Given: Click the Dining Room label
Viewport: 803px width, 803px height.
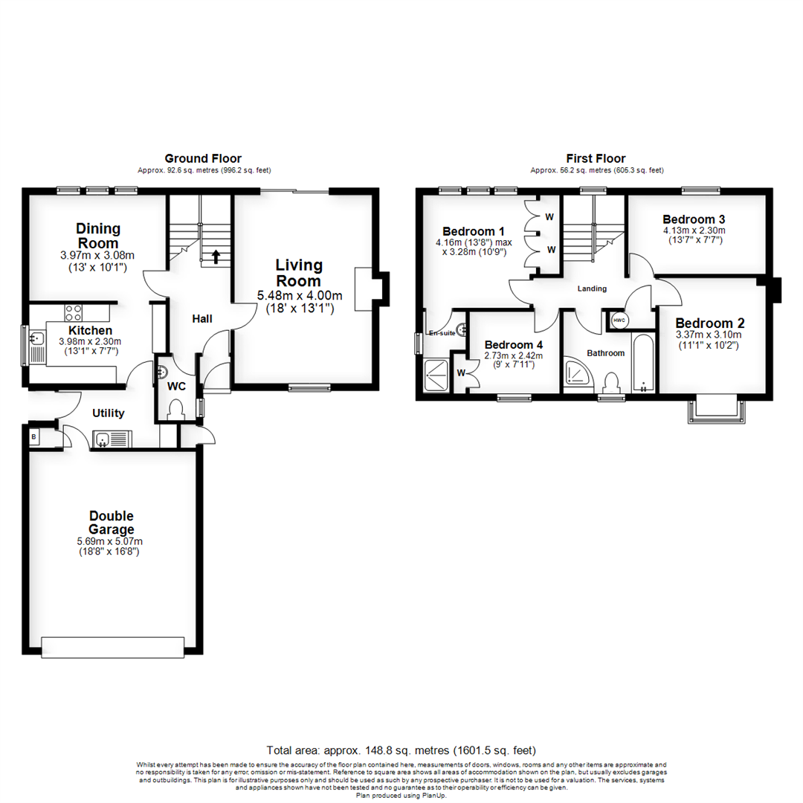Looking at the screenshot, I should coord(98,236).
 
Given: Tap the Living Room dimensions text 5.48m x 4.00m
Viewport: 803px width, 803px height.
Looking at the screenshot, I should coord(299,296).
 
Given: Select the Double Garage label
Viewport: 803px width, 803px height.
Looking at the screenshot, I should coord(111,523).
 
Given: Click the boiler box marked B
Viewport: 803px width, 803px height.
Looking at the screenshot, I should coord(34,438).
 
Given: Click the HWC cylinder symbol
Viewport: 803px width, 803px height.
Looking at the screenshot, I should coord(619,320).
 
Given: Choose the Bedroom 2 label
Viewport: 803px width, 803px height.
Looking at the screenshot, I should coord(709,323).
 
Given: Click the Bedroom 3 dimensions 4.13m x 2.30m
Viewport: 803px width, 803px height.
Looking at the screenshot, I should coord(694,230).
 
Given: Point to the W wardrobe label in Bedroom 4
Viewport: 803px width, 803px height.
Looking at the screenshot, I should coord(461,373).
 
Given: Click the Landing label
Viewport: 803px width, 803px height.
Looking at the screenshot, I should coord(592,288).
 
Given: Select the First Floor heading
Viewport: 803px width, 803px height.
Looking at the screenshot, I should coord(596,158).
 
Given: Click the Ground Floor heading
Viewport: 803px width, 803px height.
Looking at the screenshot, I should coord(202,158).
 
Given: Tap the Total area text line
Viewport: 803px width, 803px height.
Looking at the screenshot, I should coord(401,750).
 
